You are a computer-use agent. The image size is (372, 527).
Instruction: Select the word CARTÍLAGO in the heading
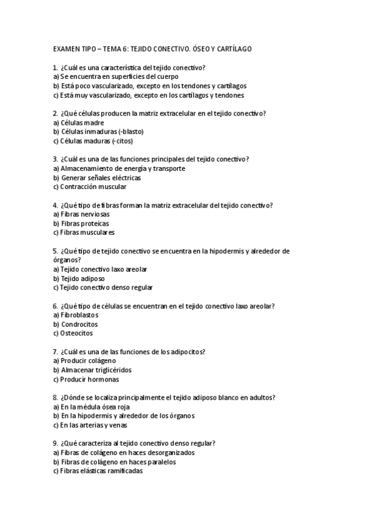coord(233,48)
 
